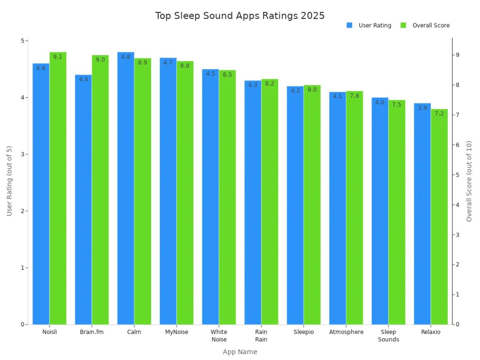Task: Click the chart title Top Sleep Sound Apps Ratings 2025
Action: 240,16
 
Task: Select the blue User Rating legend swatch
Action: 349,25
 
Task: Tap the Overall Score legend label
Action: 431,25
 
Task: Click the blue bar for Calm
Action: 126,192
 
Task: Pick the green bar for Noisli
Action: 58,192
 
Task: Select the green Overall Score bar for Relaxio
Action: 439,220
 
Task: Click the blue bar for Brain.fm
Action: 83,200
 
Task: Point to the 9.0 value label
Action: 100,60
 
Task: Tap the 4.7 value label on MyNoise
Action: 168,62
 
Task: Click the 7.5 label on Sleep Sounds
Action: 396,104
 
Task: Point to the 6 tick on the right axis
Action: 457,145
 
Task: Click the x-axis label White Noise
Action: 219,336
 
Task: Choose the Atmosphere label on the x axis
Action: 346,332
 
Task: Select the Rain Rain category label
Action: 261,336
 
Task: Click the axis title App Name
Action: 240,352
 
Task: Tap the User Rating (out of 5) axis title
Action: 10,181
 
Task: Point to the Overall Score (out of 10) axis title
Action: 469,181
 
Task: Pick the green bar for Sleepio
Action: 312,208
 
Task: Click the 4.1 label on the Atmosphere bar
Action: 338,96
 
